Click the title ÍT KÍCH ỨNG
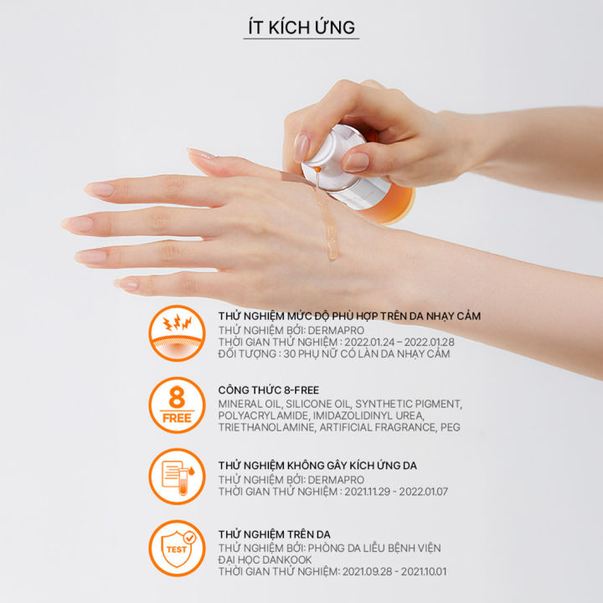point(301,28)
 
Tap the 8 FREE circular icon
point(177,405)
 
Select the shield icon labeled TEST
point(177,548)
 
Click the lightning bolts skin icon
point(177,333)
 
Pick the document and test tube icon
point(177,476)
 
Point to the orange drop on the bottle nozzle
point(317,169)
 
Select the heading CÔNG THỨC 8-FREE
point(269,390)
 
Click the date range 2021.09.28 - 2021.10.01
point(394,571)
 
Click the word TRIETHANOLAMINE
point(266,427)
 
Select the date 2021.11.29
point(368,492)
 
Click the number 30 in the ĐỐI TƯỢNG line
point(289,353)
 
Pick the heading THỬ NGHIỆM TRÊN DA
point(275,534)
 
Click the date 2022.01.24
point(368,342)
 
